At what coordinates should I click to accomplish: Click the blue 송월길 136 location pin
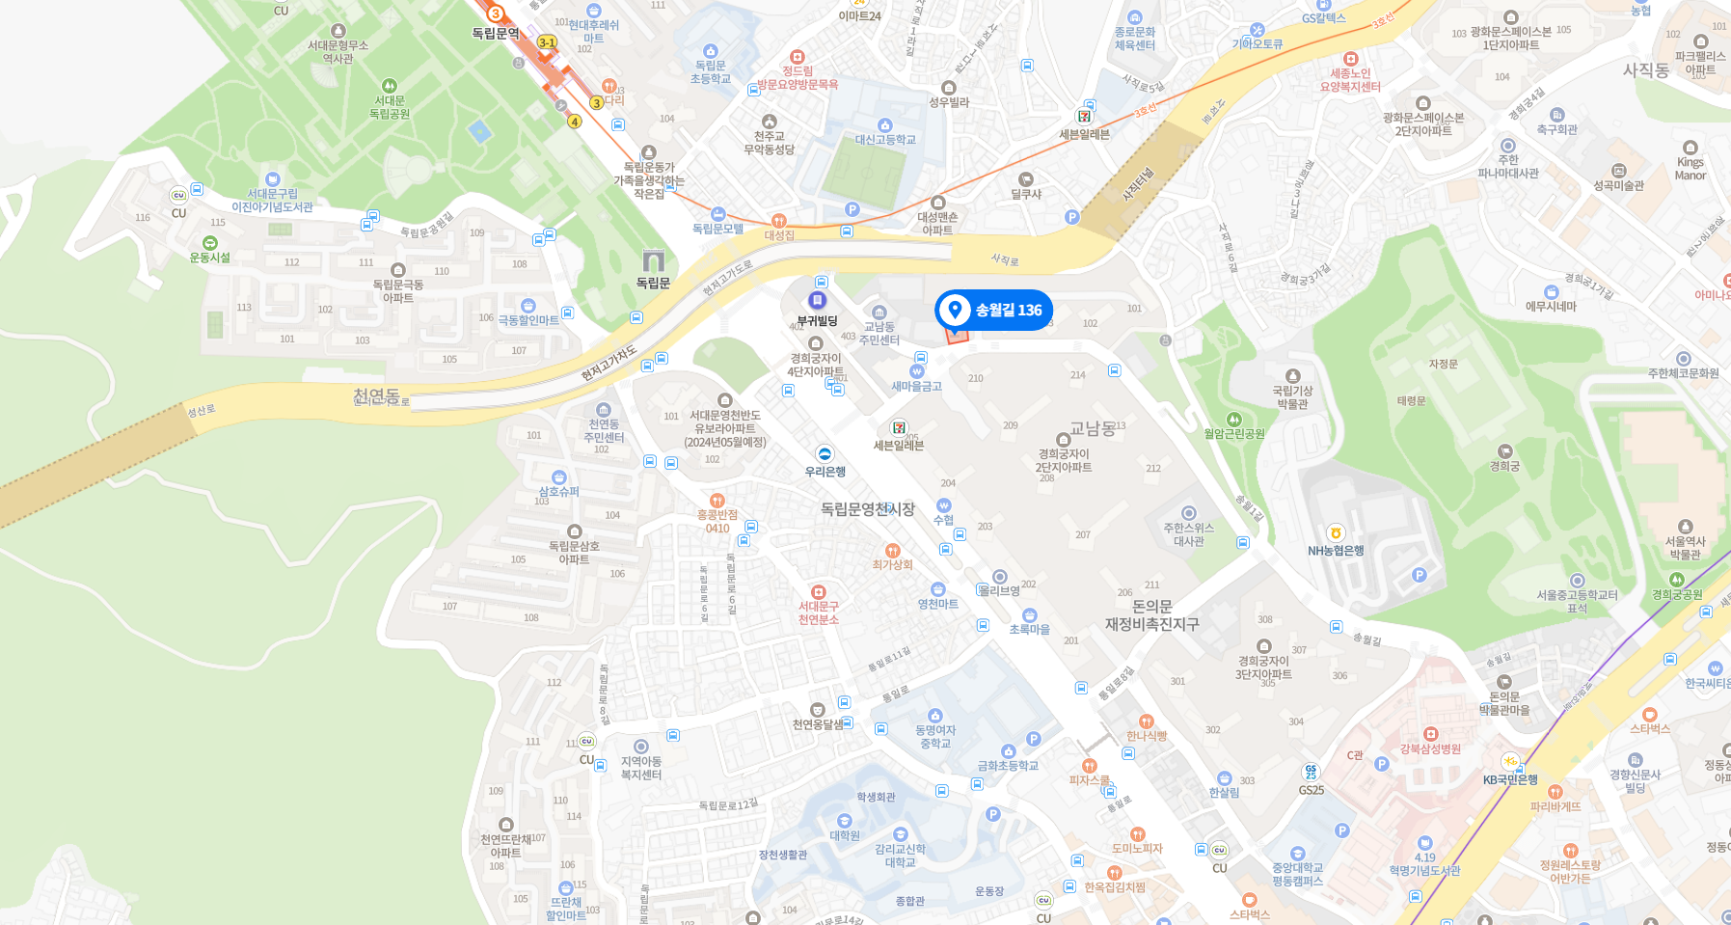point(955,311)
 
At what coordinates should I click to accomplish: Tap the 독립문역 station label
point(496,34)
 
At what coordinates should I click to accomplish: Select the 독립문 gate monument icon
point(654,260)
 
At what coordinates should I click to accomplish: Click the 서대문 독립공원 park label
point(390,107)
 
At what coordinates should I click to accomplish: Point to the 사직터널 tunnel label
point(1139,184)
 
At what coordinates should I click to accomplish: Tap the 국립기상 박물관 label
point(1292,397)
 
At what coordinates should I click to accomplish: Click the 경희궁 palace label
point(1504,466)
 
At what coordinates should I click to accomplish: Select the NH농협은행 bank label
point(1336,551)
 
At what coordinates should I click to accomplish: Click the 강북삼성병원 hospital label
point(1430,748)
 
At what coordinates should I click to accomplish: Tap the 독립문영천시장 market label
point(867,508)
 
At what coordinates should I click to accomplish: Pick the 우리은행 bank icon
point(825,454)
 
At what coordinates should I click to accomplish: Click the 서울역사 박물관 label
point(1685,548)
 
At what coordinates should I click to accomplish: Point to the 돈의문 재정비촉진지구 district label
point(1151,615)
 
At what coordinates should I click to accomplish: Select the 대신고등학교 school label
point(885,140)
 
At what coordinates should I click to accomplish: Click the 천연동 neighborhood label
point(376,395)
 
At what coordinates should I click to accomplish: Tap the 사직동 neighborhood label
point(1646,70)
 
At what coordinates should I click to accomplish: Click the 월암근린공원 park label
point(1233,434)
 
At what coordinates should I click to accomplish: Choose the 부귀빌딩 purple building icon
point(818,301)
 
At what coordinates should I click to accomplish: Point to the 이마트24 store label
point(859,15)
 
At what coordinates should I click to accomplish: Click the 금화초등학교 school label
point(1008,766)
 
